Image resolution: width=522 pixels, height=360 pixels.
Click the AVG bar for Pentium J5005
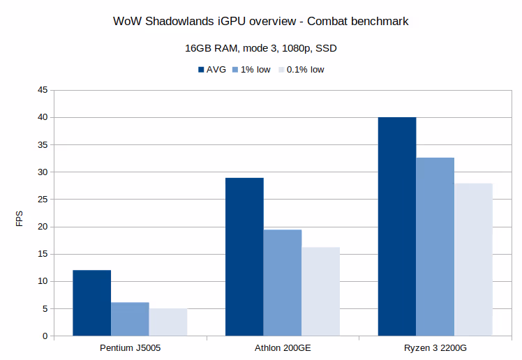91,303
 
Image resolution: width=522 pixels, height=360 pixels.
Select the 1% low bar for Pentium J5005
130,319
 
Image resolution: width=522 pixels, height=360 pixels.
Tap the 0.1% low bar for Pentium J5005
168,322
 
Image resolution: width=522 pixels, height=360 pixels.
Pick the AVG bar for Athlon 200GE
244,257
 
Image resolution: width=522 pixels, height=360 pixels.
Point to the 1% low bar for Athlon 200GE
283,283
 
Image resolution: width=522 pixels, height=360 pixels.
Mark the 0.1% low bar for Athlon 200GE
320,292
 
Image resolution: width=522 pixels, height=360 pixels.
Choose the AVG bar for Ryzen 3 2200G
397,227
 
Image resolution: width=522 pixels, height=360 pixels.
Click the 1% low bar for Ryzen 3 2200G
435,247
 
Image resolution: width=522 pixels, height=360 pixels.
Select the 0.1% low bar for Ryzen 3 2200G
473,260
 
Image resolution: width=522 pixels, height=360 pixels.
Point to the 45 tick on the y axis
43,90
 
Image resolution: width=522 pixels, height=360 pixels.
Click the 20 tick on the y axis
43,227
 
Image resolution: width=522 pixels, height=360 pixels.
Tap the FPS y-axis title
20,219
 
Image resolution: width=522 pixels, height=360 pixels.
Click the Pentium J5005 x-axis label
130,347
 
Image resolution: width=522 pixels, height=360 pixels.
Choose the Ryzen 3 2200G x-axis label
435,347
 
